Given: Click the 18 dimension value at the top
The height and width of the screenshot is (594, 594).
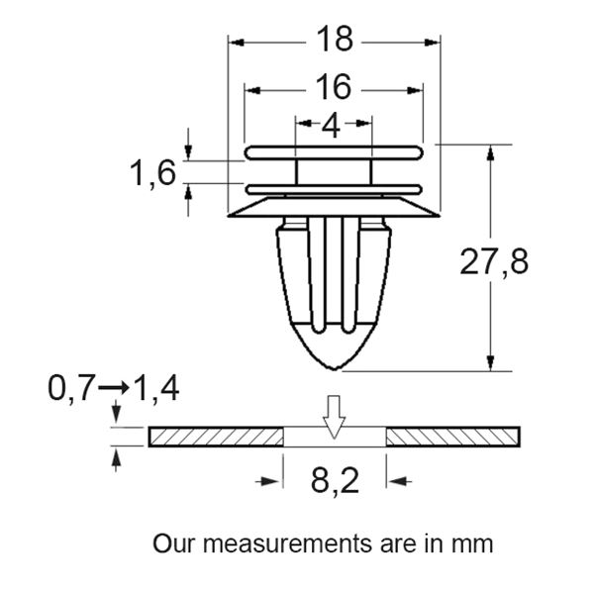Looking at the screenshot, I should (x=335, y=40).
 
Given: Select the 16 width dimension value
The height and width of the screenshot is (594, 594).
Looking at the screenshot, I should (x=335, y=88).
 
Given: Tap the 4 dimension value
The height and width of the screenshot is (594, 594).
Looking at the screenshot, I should (x=332, y=126).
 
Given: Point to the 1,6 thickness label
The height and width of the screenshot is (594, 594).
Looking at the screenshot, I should (x=152, y=174).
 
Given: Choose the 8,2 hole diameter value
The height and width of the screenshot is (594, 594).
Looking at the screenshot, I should (x=335, y=482).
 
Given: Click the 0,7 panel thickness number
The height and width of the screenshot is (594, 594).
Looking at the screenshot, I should (x=72, y=389).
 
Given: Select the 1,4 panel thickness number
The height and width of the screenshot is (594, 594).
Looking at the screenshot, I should (x=156, y=389).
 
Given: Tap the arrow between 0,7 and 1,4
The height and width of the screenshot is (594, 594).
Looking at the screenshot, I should (x=114, y=389).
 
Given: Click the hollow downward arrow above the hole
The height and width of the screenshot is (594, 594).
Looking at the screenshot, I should (x=335, y=416).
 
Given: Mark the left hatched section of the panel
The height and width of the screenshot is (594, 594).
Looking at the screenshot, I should (x=216, y=437).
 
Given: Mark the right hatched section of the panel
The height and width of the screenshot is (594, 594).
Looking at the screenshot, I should (x=452, y=437).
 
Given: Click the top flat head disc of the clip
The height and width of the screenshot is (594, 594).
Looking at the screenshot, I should (x=335, y=151).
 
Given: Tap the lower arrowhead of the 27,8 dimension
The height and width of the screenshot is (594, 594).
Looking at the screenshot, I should (x=490, y=363).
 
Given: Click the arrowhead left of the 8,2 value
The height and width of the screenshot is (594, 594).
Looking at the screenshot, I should (x=269, y=481).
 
